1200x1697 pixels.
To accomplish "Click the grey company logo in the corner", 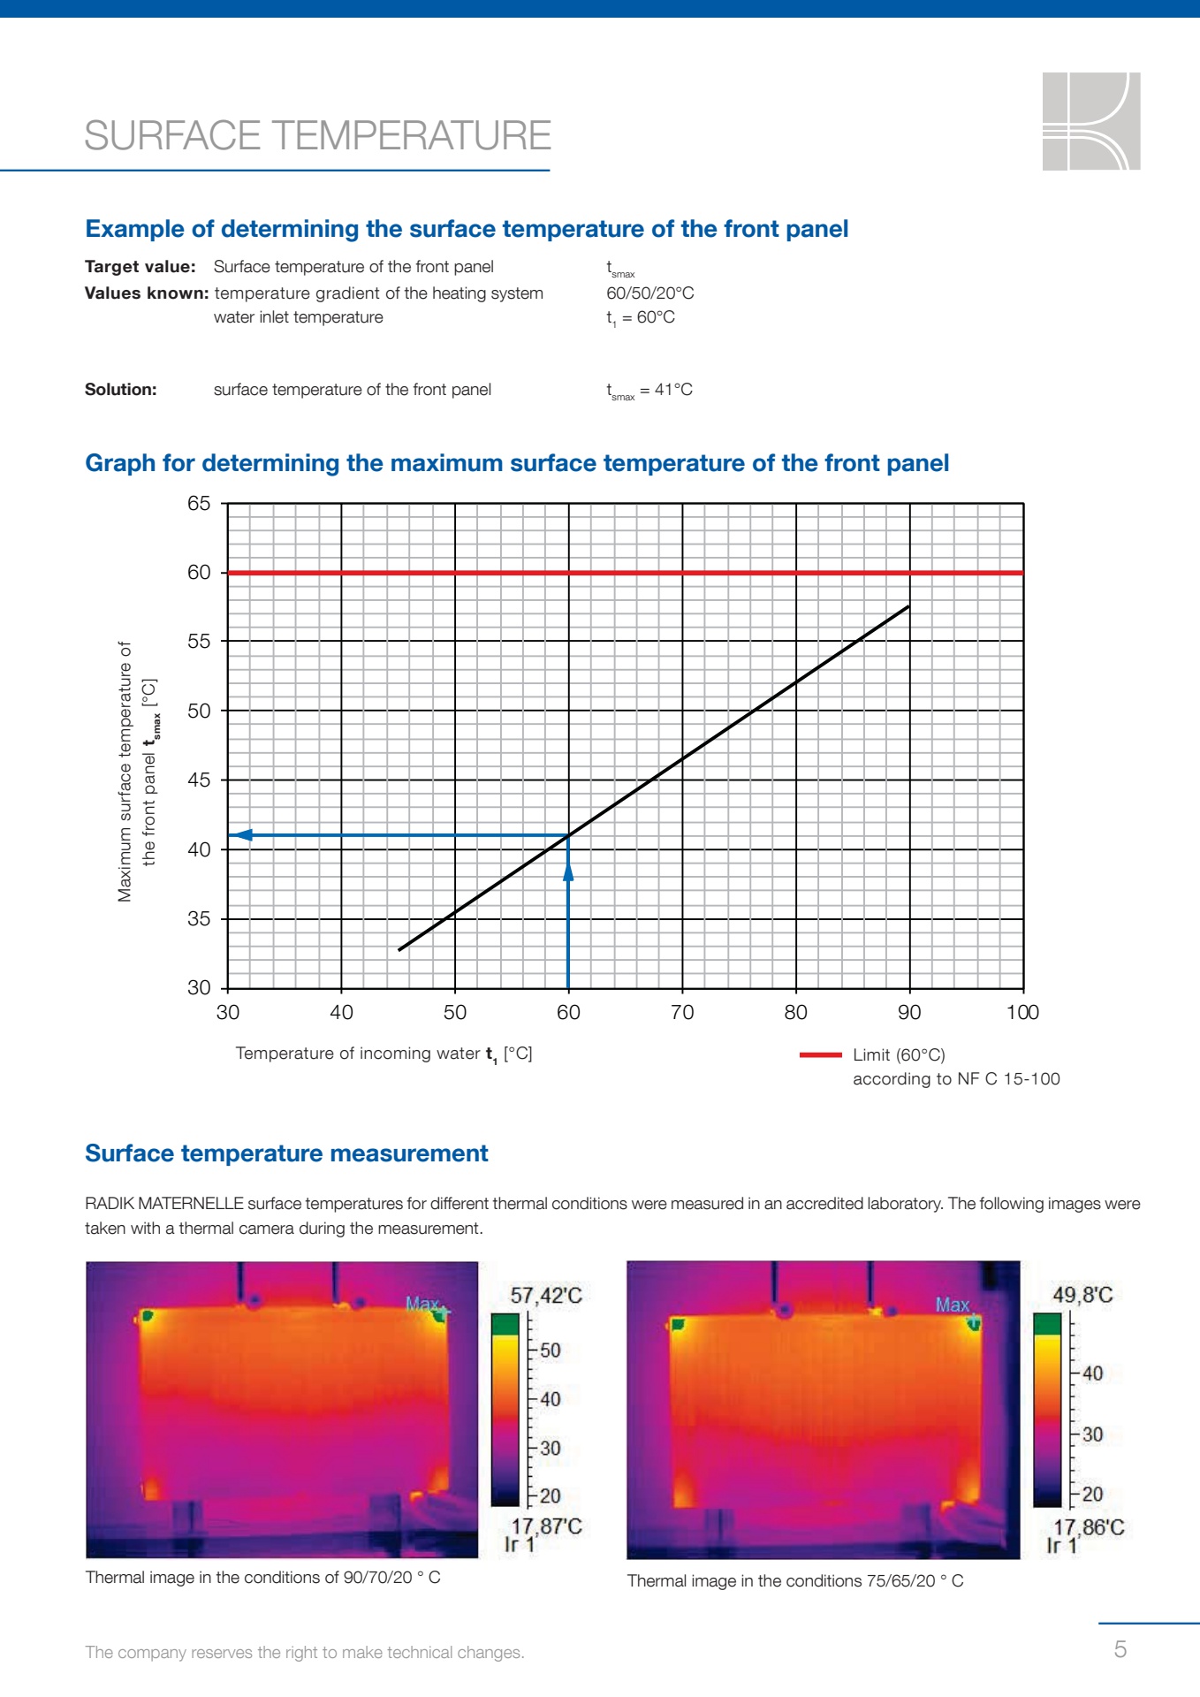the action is click(1091, 121).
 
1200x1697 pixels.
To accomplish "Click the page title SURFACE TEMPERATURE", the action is click(318, 136).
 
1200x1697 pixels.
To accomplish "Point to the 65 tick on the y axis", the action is click(199, 504).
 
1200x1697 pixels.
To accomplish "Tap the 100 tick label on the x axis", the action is click(1022, 1013).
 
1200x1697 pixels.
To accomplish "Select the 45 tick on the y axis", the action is click(199, 780).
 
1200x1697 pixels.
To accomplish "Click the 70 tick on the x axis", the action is click(682, 1013).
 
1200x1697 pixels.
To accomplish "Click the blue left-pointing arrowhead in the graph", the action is click(241, 835).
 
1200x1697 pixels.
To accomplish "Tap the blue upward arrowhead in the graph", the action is click(568, 871).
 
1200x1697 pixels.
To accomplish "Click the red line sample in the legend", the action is click(820, 1054).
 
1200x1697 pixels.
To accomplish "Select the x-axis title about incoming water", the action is click(384, 1054).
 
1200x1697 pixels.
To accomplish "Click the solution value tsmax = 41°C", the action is click(649, 391).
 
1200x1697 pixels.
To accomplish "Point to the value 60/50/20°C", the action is click(650, 293).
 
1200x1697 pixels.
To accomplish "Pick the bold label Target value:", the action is click(141, 267).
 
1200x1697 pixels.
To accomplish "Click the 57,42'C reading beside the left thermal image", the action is click(546, 1296).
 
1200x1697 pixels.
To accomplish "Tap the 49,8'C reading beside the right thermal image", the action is click(1082, 1296).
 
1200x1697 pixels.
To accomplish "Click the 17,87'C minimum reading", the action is click(547, 1526).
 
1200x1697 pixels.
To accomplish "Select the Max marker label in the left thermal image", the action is click(422, 1304).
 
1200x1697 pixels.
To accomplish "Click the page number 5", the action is click(1120, 1649).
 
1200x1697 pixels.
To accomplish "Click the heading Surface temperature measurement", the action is click(286, 1153).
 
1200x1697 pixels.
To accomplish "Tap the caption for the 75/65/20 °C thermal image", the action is click(795, 1581).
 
